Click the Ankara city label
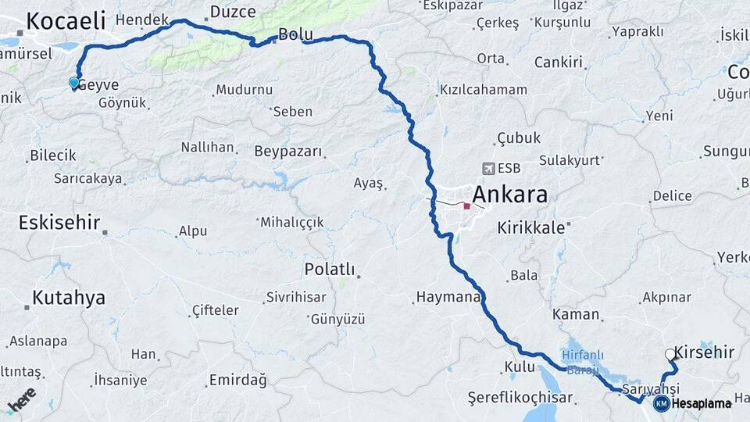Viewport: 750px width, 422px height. [510, 195]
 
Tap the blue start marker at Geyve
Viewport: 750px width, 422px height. [74, 82]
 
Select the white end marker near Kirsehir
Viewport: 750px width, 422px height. [670, 354]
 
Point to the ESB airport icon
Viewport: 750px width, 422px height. [489, 168]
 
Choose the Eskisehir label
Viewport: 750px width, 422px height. [59, 223]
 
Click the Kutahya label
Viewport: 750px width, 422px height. [68, 298]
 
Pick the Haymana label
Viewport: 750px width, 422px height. [447, 297]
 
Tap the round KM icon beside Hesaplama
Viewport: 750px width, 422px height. [661, 403]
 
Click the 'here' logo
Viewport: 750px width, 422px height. [21, 399]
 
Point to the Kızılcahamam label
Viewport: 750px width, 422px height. [484, 90]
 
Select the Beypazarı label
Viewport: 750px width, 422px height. [287, 151]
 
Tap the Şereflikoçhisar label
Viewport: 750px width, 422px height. [520, 398]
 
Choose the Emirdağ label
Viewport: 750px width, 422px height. [237, 381]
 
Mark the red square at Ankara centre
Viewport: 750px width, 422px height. [466, 206]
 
